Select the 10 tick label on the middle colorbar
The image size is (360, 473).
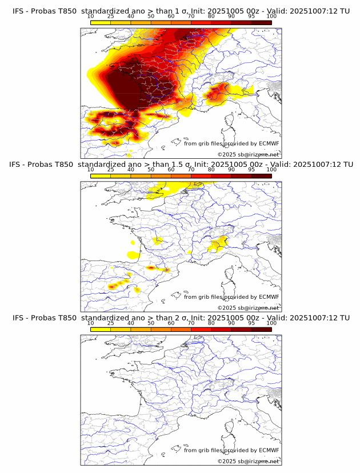(91, 170)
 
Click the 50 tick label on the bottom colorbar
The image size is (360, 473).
(151, 323)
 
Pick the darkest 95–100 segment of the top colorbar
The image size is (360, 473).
(261, 22)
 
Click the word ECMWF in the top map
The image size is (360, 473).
(269, 143)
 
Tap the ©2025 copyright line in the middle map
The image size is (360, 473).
(248, 308)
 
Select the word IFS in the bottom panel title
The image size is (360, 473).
(18, 318)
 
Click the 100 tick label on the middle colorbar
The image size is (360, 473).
(271, 170)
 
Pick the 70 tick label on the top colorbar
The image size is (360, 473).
(191, 17)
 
